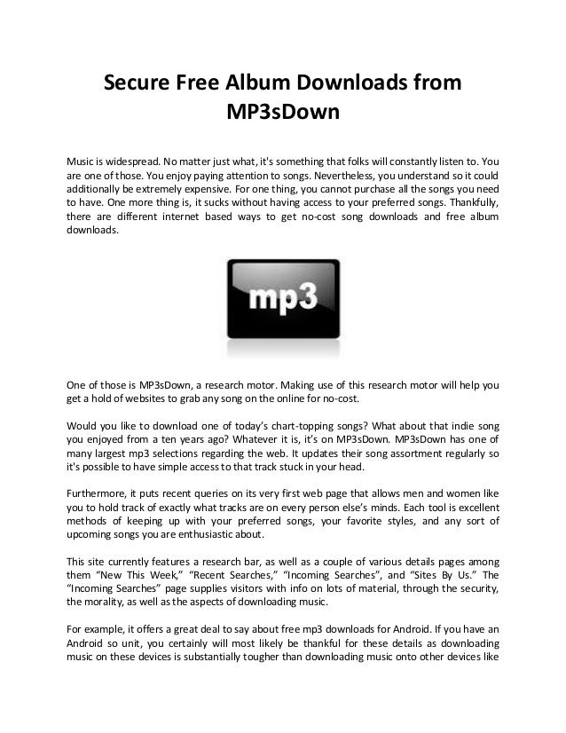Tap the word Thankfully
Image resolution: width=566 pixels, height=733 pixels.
click(466, 206)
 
